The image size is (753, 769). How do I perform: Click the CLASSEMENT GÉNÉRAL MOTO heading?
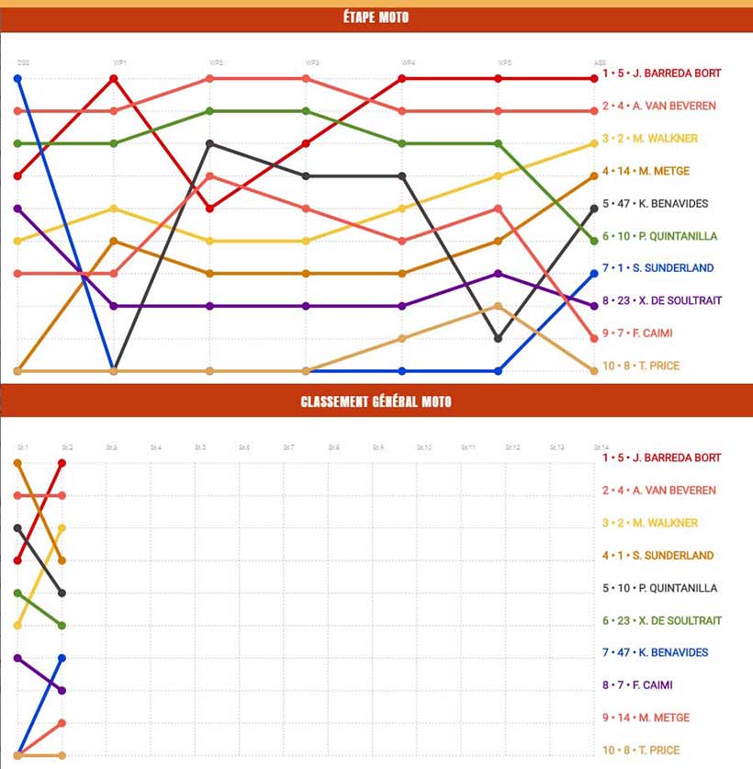(376, 401)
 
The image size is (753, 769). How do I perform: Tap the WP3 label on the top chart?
(312, 62)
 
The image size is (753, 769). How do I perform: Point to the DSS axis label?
(22, 62)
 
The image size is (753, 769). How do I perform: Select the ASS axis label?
(600, 62)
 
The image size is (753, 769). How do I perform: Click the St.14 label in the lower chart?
(601, 447)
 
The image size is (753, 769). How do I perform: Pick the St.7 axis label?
(288, 447)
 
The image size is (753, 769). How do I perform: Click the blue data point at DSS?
(17, 79)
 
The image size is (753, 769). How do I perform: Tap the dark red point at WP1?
(114, 79)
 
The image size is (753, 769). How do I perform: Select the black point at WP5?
(499, 338)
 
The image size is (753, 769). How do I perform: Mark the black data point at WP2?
(210, 143)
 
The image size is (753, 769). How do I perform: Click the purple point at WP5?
(499, 274)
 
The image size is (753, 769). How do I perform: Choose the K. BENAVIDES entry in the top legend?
(655, 204)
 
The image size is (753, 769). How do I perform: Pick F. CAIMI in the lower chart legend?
(642, 685)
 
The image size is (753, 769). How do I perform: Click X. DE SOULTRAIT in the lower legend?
(661, 621)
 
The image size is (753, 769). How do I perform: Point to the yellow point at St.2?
(62, 528)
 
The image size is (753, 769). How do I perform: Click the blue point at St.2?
(62, 658)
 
